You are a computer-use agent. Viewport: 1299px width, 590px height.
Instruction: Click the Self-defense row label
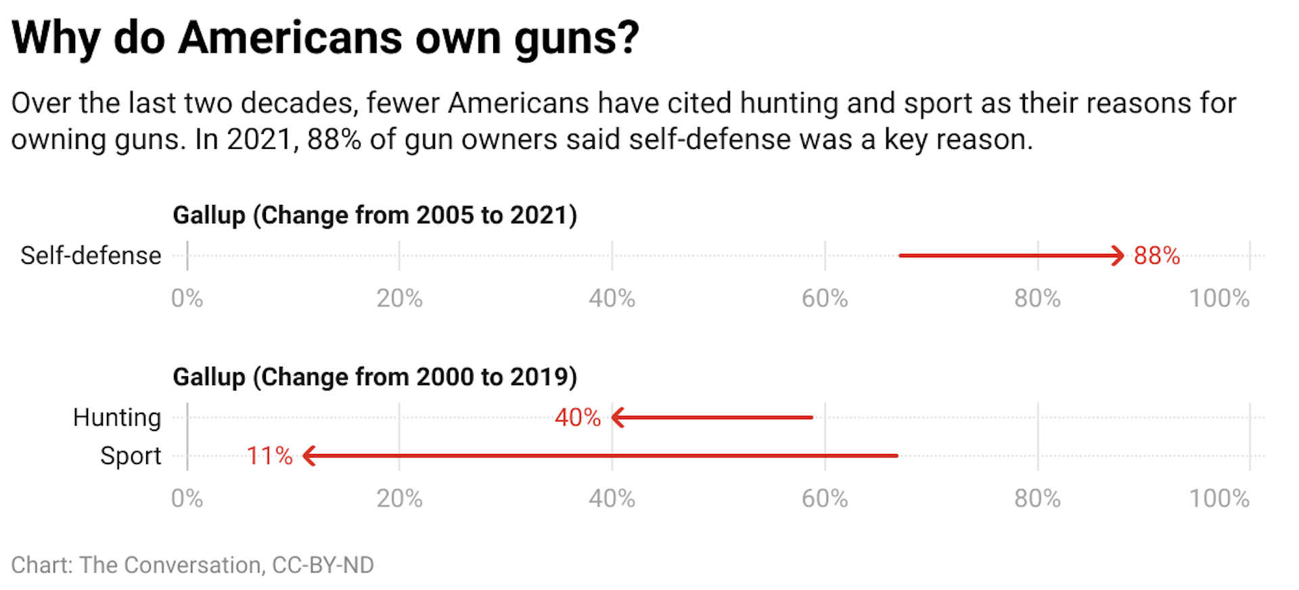[91, 256]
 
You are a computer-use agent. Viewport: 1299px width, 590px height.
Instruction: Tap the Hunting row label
[117, 417]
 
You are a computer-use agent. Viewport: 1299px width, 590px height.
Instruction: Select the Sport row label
[131, 456]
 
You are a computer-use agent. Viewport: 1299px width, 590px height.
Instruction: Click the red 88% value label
[1156, 256]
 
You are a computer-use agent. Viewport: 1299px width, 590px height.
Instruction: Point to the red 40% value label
[577, 417]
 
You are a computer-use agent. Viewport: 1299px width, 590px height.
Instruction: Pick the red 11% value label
[269, 456]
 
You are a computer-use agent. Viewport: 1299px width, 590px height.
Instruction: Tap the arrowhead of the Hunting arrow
[618, 417]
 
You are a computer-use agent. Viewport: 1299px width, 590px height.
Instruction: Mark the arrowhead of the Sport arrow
[309, 456]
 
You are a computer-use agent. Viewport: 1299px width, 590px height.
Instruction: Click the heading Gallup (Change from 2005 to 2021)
[375, 215]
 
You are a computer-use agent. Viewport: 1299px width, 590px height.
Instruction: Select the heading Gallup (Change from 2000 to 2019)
[375, 377]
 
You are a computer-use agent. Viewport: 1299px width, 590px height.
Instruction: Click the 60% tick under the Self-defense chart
[825, 298]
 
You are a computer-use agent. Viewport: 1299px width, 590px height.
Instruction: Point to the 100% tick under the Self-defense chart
[1219, 298]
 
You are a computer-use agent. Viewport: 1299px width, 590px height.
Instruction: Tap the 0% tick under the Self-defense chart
[187, 298]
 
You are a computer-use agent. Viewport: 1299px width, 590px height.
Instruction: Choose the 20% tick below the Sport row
[399, 499]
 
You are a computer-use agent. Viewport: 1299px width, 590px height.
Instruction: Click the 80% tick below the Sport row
[1037, 499]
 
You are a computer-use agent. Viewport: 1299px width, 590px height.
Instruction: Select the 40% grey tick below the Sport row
[612, 499]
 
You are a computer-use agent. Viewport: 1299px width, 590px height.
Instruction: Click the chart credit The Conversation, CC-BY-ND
[193, 565]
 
